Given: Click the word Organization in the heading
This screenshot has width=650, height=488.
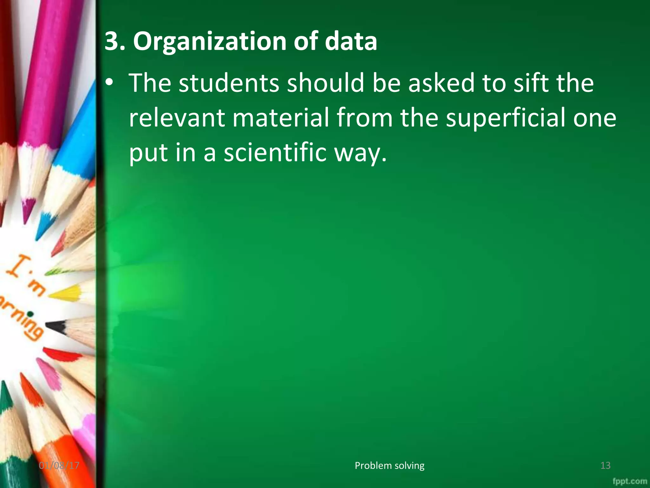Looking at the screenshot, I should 209,42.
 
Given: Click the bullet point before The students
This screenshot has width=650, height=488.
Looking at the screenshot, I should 109,83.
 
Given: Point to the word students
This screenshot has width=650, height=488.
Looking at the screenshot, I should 229,83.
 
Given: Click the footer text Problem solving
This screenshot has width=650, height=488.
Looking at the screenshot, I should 389,465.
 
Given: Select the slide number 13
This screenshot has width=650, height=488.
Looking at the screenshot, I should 605,465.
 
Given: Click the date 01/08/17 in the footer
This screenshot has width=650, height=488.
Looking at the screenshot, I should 59,465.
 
